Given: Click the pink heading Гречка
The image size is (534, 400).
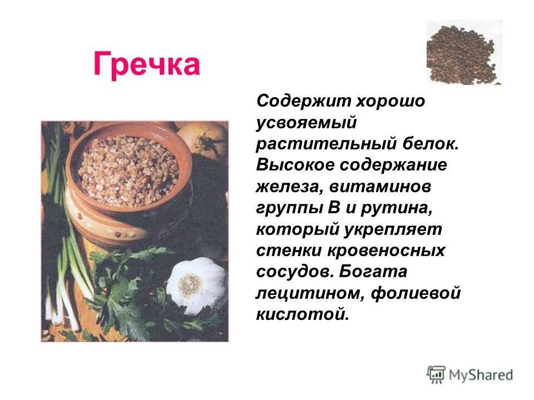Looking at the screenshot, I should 146,64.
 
